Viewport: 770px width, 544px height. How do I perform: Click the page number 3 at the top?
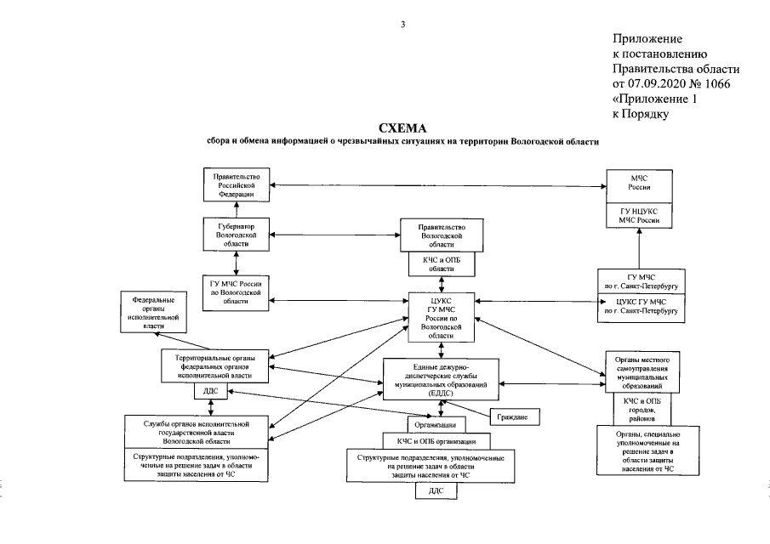[x=402, y=24]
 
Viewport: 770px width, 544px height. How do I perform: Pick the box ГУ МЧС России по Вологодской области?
[x=236, y=290]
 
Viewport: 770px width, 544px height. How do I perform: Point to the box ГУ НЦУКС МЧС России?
[x=639, y=216]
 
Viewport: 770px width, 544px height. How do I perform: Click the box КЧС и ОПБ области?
[x=442, y=263]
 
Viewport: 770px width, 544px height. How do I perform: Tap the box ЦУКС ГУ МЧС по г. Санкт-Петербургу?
[x=639, y=307]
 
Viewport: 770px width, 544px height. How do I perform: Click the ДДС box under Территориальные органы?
[x=209, y=393]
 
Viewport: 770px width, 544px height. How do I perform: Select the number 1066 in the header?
[x=714, y=83]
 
